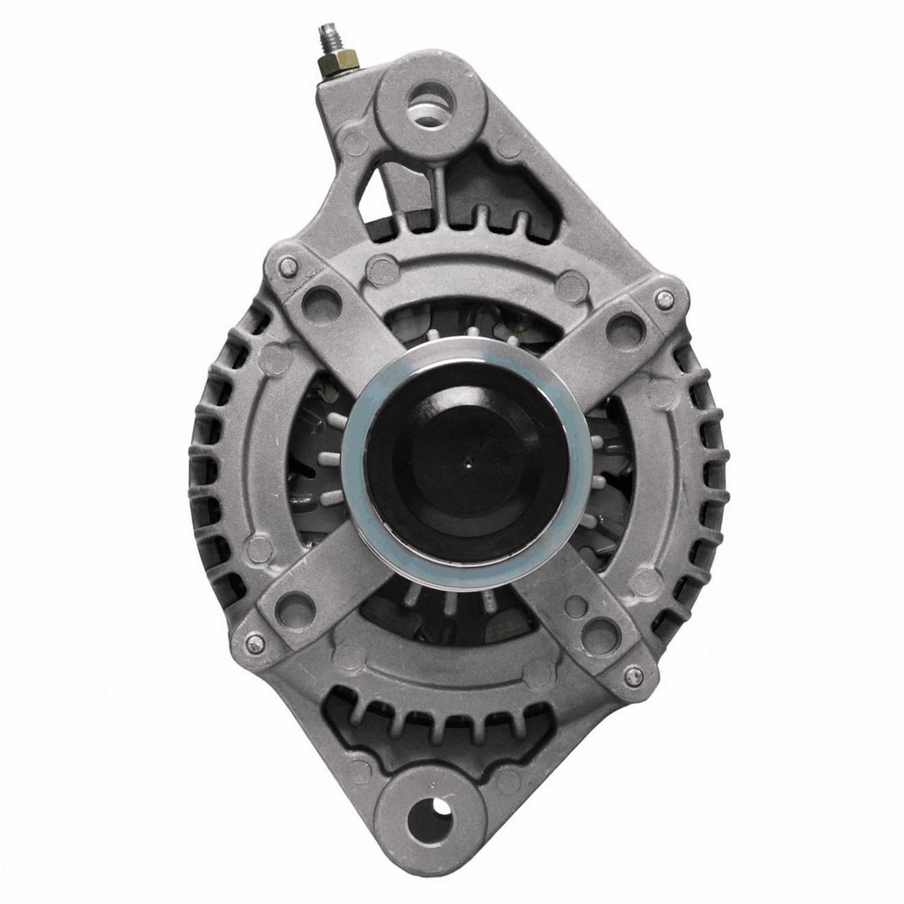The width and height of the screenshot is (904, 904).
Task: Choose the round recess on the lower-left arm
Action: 292,604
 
